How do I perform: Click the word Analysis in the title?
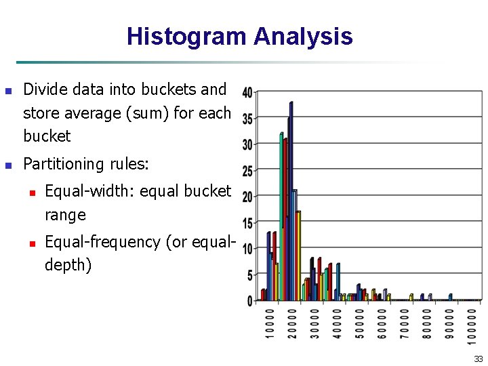[x=303, y=36]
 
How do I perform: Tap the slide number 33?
[x=479, y=359]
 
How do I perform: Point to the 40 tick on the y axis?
[x=247, y=92]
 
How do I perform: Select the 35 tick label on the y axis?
[x=247, y=119]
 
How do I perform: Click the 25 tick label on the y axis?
[x=247, y=171]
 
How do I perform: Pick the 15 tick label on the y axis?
[x=247, y=223]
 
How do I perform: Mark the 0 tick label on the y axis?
[x=250, y=301]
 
